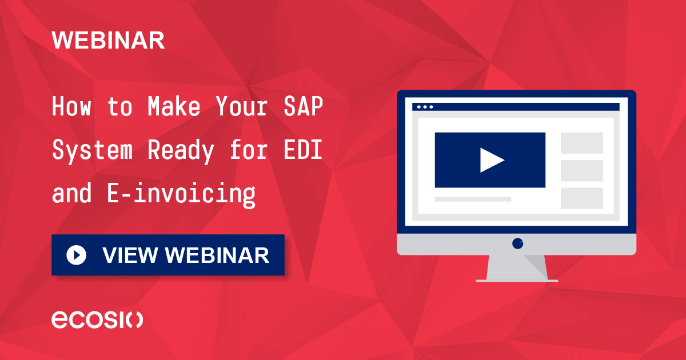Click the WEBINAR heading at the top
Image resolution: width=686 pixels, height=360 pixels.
pos(108,41)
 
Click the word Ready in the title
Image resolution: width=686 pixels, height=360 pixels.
pos(181,151)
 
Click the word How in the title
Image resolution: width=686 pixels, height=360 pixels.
pos(71,107)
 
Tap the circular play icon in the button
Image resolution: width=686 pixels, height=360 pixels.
pos(76,255)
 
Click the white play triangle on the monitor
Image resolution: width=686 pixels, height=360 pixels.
pos(491,160)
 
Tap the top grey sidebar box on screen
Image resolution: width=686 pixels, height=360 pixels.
pos(581,143)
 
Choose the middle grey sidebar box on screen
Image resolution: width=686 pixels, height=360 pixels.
pos(581,170)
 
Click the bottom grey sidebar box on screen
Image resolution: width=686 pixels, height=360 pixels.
pos(581,198)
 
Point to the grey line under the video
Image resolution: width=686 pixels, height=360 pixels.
pos(473,199)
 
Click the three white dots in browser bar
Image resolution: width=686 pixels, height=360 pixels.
pos(425,107)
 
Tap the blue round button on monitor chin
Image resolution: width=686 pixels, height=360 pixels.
pos(517,243)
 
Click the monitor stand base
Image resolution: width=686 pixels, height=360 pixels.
pos(517,279)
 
